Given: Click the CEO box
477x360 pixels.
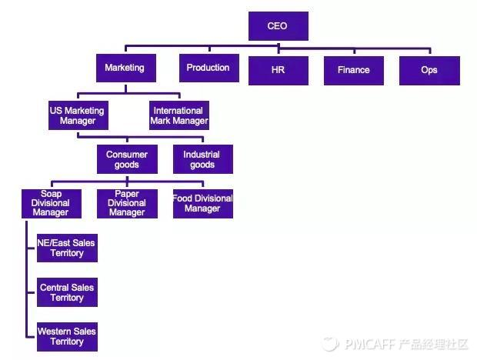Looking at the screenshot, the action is pos(279,26).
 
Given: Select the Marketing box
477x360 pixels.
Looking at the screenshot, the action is pos(126,68).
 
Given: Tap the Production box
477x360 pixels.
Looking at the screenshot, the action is pos(209,68).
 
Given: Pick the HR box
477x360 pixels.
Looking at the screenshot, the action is pos(279,71).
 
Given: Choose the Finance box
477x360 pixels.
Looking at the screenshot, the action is pos(354,71).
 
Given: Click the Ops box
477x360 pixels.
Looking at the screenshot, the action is pos(429,71).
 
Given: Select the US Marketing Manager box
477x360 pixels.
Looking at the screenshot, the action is pos(78,115).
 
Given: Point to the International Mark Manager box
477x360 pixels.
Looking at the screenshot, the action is pos(179,115).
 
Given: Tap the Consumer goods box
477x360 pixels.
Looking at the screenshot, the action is pos(127,159).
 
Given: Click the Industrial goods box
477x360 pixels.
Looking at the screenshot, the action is pos(203,159).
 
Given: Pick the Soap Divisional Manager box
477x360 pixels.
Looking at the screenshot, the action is pos(52,204).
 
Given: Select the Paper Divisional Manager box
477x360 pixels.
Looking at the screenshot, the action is pos(127,204).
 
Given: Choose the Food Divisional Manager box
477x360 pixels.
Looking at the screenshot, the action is pos(203,204).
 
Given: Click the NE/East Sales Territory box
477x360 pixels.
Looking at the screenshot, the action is pos(67,248).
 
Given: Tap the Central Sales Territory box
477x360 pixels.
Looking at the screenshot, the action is pos(67,292).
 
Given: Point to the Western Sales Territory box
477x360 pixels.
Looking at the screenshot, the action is pos(67,337).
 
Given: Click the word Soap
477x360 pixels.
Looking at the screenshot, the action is pos(52,194).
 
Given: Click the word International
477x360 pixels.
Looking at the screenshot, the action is pos(178,111).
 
